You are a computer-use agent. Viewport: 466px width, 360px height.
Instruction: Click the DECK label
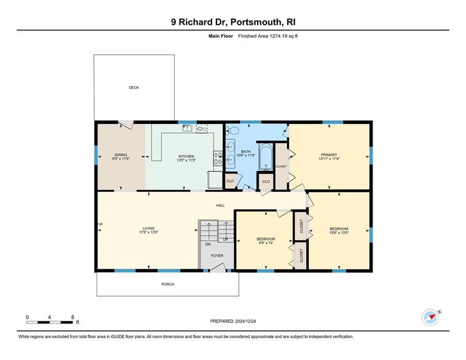click(x=134, y=88)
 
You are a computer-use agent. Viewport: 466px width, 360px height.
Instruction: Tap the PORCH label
click(x=168, y=284)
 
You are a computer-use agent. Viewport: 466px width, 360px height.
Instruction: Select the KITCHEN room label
click(x=186, y=156)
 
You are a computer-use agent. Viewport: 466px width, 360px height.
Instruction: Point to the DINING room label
click(x=121, y=155)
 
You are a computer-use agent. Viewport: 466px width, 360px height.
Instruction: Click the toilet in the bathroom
click(x=232, y=130)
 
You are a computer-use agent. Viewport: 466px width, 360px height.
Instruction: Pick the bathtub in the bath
click(x=266, y=157)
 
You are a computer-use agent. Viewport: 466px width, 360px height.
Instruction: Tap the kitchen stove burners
click(x=218, y=158)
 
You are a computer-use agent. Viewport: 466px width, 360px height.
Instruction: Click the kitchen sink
click(x=187, y=128)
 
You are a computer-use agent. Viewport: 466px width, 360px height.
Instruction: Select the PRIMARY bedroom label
click(x=329, y=155)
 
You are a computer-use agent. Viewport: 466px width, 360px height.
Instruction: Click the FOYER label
click(x=217, y=255)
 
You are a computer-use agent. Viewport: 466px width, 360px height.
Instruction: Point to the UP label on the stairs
click(x=226, y=239)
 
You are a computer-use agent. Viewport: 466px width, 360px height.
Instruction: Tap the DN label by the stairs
click(x=208, y=244)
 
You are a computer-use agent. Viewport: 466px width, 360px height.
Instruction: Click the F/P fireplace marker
click(x=100, y=225)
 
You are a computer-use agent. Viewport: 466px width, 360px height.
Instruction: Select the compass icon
click(x=430, y=317)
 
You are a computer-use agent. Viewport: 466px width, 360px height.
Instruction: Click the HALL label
click(x=221, y=205)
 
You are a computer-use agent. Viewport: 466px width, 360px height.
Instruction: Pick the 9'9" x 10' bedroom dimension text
click(x=266, y=243)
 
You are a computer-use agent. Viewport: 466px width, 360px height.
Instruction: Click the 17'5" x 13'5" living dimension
click(x=148, y=232)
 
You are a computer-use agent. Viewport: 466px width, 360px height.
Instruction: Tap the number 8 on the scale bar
click(x=73, y=317)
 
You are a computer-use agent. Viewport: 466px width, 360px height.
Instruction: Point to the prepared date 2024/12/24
click(x=245, y=321)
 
